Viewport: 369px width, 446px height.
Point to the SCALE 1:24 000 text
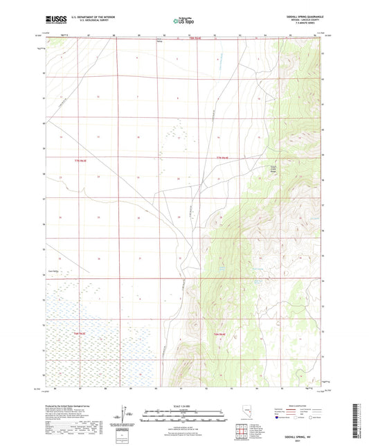coord(183,407)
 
